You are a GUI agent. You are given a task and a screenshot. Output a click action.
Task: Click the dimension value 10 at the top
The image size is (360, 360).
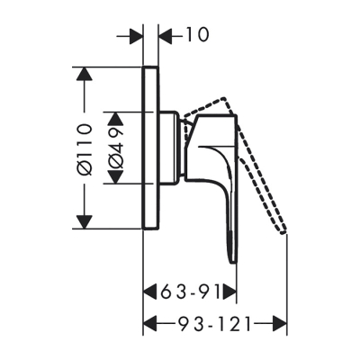(x=195, y=35)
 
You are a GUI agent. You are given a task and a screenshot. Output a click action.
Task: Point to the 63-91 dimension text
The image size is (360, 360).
(x=190, y=292)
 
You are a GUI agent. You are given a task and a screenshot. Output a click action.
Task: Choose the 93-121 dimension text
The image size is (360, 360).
(x=216, y=321)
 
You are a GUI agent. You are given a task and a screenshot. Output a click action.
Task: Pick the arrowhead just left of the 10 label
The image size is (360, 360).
(x=165, y=35)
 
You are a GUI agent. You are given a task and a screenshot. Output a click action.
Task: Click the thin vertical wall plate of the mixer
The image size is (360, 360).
(x=150, y=148)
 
